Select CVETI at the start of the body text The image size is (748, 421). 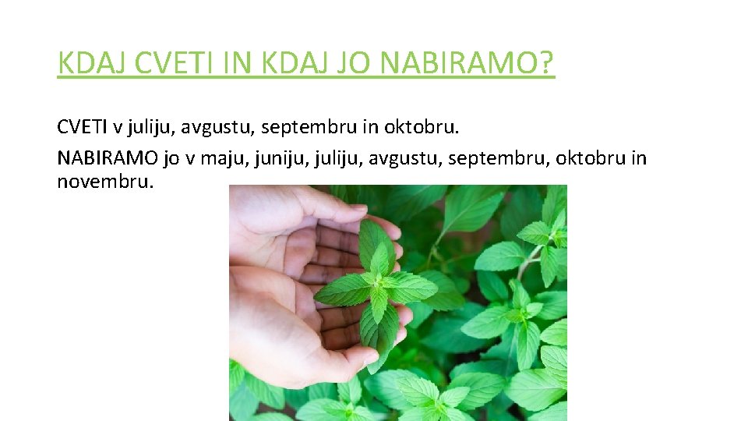[x=81, y=126]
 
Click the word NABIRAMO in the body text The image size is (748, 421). [x=108, y=158]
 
